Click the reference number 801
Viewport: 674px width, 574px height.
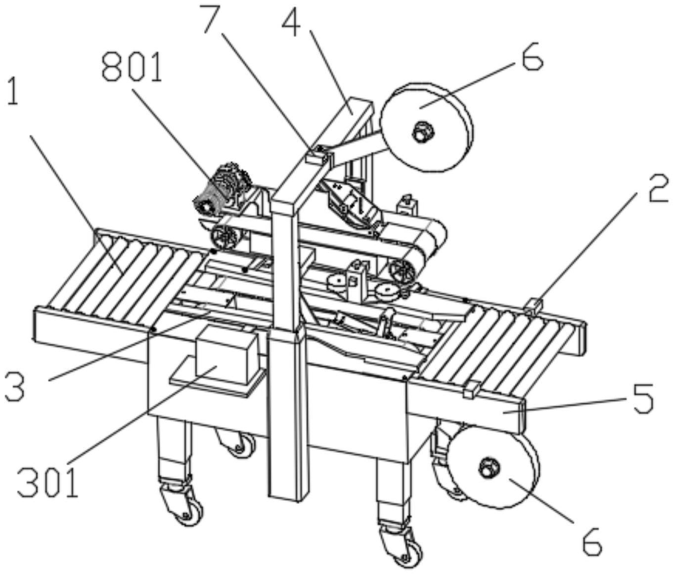(x=132, y=69)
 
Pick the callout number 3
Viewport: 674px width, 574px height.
(x=15, y=387)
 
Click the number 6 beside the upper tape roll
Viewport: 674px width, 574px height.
(x=530, y=58)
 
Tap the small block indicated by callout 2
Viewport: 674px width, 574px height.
(x=534, y=306)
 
